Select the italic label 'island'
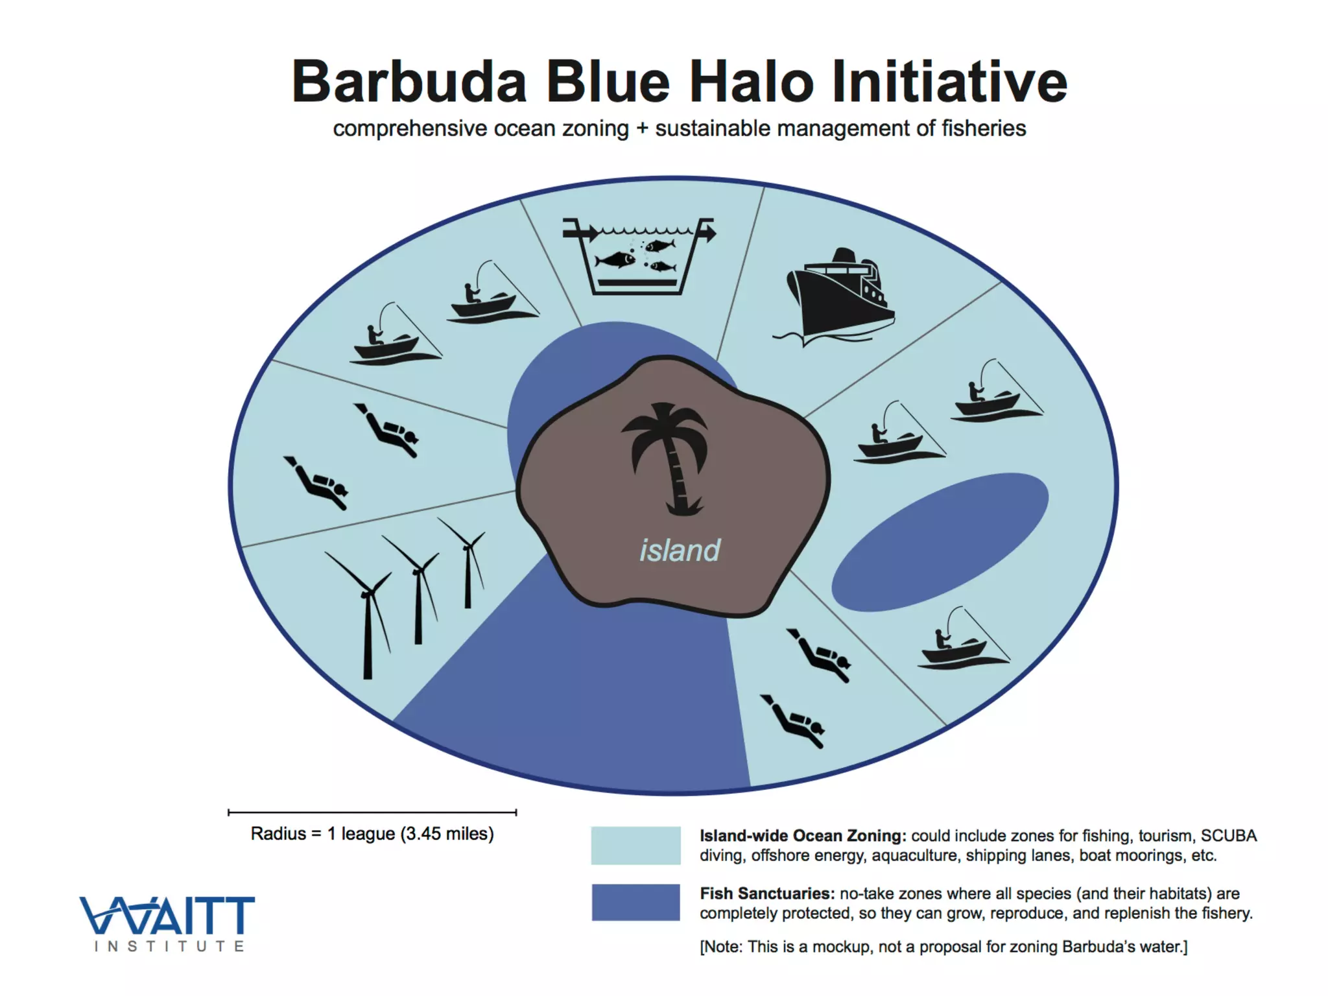(680, 551)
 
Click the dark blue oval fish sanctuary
(940, 542)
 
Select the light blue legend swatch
(635, 846)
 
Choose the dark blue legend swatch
(635, 903)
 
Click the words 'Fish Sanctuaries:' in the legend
(766, 894)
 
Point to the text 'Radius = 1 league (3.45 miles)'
(372, 834)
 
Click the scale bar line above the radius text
(372, 812)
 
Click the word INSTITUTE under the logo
(169, 947)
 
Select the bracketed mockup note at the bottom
(943, 947)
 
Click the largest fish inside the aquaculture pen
(616, 260)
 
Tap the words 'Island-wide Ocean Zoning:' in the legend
(803, 836)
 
